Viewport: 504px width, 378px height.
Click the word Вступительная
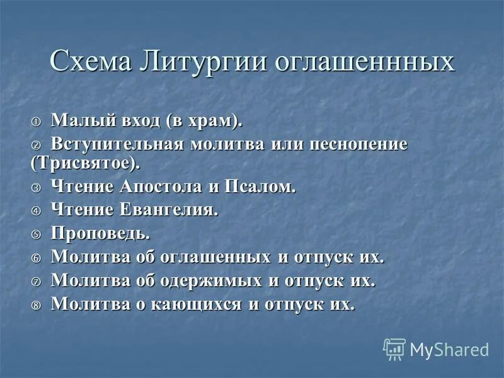coord(117,143)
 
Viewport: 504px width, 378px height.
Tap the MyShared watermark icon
coord(394,348)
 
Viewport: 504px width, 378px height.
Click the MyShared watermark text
coord(449,349)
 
